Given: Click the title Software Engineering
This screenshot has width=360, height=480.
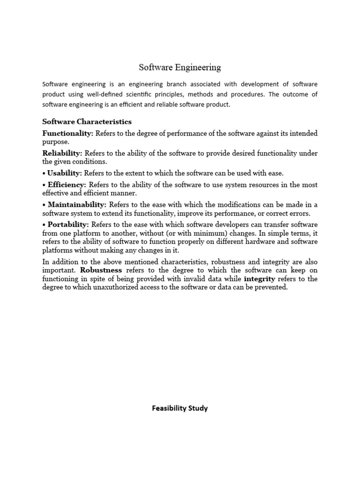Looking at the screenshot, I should pyautogui.click(x=180, y=67).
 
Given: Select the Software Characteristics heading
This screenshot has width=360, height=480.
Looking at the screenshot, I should pyautogui.click(x=87, y=122).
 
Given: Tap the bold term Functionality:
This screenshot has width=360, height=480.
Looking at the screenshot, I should pyautogui.click(x=68, y=134).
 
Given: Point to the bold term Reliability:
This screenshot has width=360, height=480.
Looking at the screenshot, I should pyautogui.click(x=62, y=153).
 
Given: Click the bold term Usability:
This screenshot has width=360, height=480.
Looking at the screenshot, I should pyautogui.click(x=65, y=173).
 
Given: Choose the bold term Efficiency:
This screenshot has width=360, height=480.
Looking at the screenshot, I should pyautogui.click(x=67, y=185).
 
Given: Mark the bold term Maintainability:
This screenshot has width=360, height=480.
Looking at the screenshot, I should pyautogui.click(x=77, y=204).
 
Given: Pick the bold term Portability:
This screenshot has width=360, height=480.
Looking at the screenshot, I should pyautogui.click(x=68, y=224).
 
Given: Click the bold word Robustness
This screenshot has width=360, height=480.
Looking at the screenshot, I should pyautogui.click(x=101, y=270).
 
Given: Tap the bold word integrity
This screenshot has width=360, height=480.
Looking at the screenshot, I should pyautogui.click(x=259, y=279).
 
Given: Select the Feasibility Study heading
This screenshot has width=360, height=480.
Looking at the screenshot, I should pyautogui.click(x=180, y=408).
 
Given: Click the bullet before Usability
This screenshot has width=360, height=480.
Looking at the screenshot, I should pyautogui.click(x=44, y=173).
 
